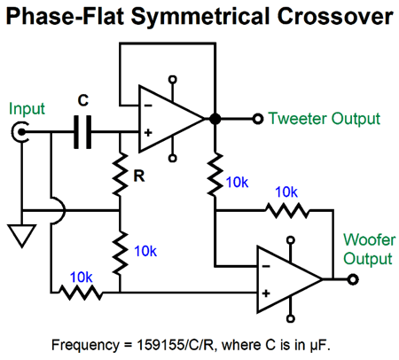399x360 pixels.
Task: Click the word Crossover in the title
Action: click(335, 16)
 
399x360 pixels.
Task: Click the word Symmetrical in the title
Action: click(200, 18)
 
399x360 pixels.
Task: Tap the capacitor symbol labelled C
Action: click(82, 132)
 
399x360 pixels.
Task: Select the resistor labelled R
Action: click(120, 174)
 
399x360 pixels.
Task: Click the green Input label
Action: click(27, 109)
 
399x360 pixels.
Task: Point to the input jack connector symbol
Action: click(20, 132)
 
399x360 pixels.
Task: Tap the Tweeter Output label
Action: click(324, 119)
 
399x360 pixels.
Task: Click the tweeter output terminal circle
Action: click(258, 119)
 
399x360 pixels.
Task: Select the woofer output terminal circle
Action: click(353, 279)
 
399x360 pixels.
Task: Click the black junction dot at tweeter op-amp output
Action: click(215, 119)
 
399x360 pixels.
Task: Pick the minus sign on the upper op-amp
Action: click(148, 106)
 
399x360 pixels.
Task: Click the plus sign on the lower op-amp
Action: click(266, 293)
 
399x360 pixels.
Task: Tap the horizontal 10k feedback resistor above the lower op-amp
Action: click(286, 210)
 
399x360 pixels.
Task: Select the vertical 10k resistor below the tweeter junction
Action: click(215, 174)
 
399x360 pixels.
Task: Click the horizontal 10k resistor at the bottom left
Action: click(81, 293)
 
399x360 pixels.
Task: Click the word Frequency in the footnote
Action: click(85, 345)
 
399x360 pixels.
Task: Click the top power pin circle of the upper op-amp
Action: click(173, 80)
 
